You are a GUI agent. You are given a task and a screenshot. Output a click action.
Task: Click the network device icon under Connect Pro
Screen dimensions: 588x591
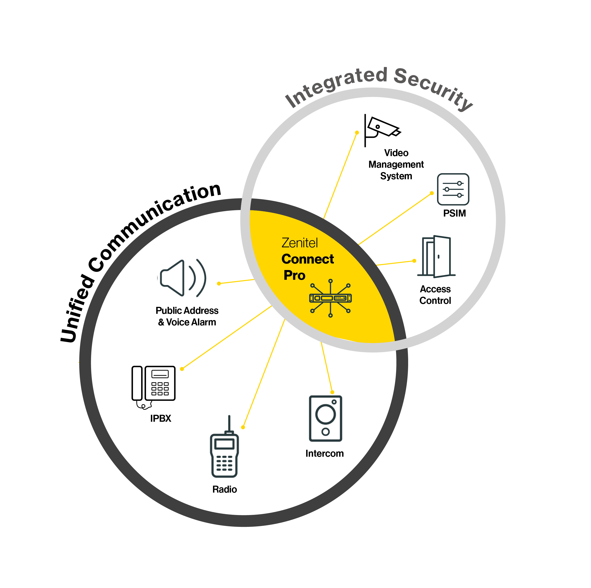coord(330,298)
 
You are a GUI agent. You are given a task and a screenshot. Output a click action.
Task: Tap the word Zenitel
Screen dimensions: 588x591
coord(299,243)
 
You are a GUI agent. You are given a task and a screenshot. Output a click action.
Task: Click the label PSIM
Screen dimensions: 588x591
coord(454,213)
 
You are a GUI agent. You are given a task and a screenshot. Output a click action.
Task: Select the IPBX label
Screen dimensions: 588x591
coord(161,418)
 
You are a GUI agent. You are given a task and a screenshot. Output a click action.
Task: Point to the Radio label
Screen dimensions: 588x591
coord(225,489)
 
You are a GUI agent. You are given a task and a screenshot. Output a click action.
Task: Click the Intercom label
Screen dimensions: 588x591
coord(324,453)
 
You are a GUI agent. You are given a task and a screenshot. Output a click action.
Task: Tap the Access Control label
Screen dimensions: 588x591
coord(435,295)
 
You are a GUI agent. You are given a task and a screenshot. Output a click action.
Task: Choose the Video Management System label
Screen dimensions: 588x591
coord(396,164)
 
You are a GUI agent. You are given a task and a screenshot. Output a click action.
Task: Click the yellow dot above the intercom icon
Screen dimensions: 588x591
coord(332,392)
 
